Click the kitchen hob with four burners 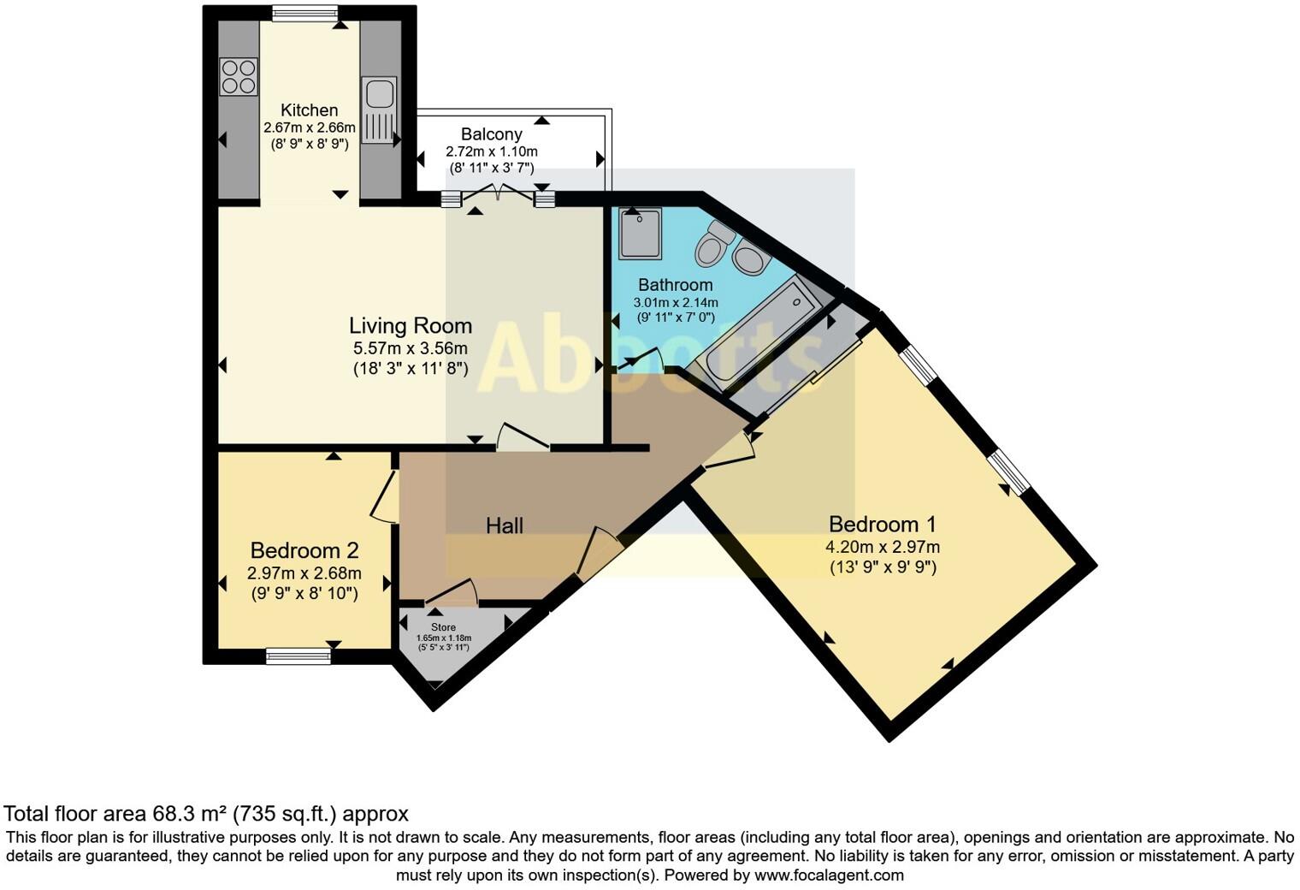point(239,75)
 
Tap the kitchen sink point(379,110)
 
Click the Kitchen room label point(309,110)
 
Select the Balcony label point(491,134)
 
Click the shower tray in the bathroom point(641,234)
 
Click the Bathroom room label point(675,285)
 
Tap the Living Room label point(410,325)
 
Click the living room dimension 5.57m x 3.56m point(410,348)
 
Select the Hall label point(504,525)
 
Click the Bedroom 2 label point(304,550)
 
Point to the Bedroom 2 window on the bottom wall point(298,656)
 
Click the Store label point(443,627)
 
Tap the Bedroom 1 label point(883,524)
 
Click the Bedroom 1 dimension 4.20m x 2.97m point(883,548)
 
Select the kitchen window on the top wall point(304,13)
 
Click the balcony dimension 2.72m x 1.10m point(491,151)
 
